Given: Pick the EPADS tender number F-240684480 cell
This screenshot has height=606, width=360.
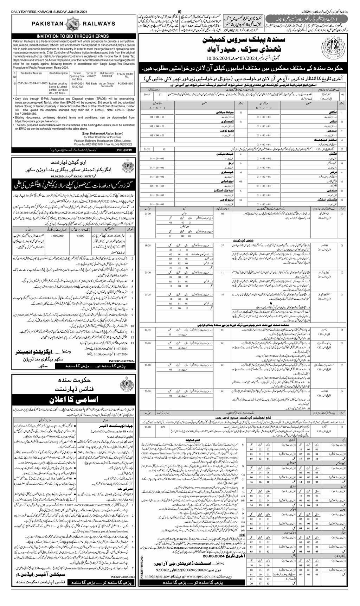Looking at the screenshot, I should [125, 84].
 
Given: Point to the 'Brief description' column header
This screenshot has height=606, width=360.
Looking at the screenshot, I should [59, 75].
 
